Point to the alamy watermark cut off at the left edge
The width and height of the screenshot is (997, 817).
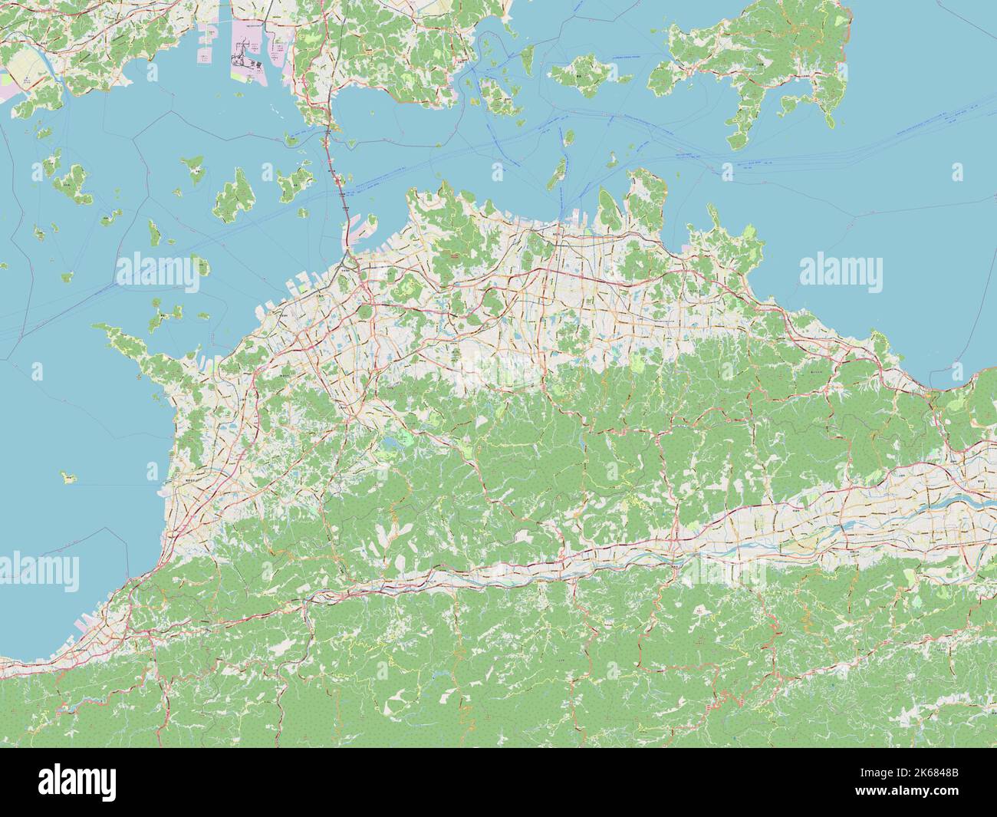tap(38, 570)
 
